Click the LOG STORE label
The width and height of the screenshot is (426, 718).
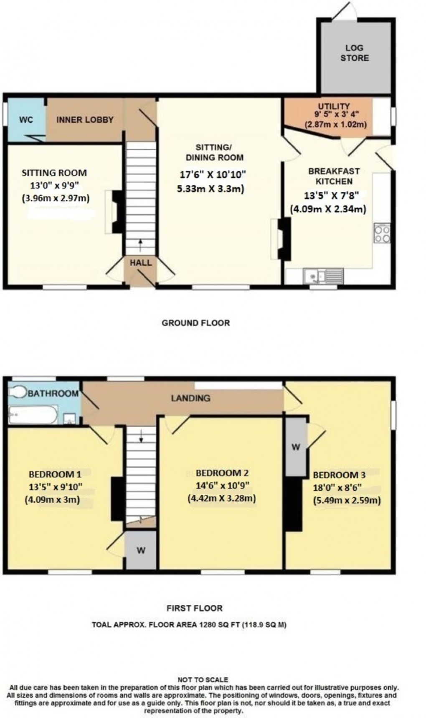coord(354,53)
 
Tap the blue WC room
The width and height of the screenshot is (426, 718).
coord(26,120)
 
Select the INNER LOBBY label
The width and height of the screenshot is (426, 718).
coord(85,120)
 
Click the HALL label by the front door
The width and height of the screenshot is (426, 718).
coord(140,263)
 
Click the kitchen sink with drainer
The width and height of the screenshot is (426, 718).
coord(324,276)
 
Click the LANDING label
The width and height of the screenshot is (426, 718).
coord(190,398)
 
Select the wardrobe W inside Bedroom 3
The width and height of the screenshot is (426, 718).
coord(296,447)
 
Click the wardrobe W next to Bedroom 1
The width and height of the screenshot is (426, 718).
coord(141,551)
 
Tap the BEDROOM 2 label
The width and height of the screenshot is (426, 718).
coord(222,473)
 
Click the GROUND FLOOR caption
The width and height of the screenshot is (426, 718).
coord(195,322)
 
